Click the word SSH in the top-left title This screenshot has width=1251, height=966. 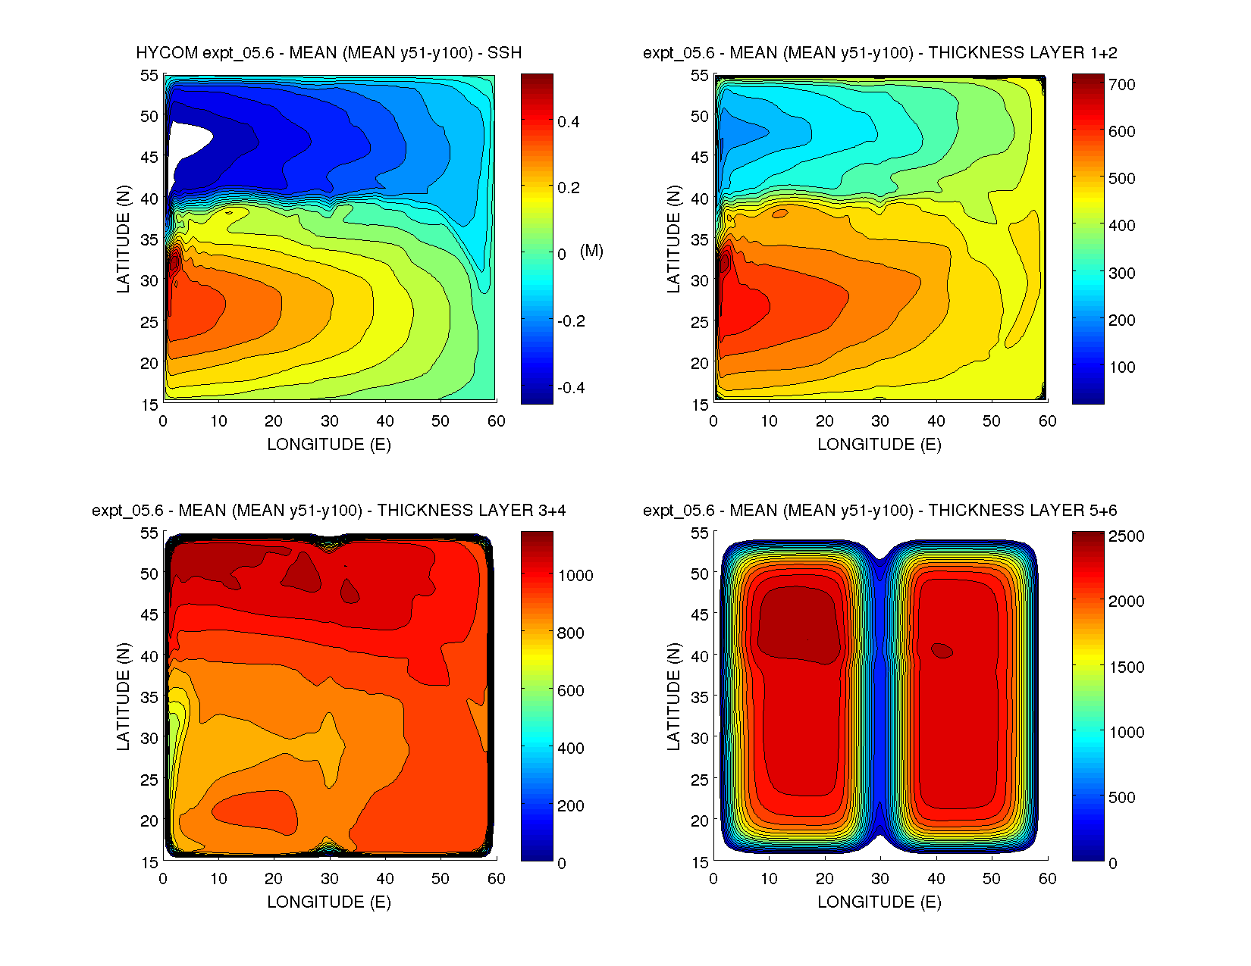click(504, 53)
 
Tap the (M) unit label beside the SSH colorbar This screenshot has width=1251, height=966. click(591, 251)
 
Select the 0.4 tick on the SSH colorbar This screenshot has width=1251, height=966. click(569, 122)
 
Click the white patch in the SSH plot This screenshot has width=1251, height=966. click(186, 141)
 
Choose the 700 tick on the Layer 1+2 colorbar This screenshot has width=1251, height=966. click(1121, 85)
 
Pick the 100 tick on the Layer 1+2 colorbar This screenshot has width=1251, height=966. click(1121, 367)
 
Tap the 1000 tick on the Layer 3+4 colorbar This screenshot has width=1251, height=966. click(575, 576)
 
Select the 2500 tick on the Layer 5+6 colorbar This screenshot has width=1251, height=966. click(1126, 536)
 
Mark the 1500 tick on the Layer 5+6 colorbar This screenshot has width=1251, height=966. click(1126, 667)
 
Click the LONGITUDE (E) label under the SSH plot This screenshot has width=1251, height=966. click(329, 445)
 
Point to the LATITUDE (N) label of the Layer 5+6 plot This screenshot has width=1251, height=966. click(673, 696)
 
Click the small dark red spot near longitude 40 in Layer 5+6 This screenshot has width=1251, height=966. click(942, 650)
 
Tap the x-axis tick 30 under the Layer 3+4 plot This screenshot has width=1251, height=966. click(329, 879)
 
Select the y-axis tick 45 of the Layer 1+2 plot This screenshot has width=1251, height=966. click(700, 158)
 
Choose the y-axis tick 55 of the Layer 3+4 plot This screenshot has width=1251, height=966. click(149, 533)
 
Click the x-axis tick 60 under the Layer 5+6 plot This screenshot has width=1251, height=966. click(1047, 879)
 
